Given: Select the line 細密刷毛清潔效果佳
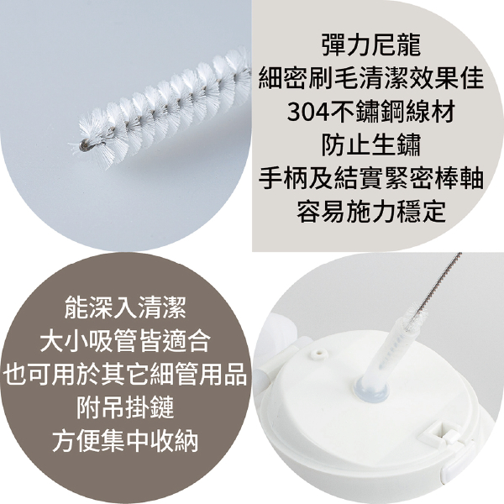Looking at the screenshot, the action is (x=371, y=78).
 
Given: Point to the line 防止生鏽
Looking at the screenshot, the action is (x=371, y=145).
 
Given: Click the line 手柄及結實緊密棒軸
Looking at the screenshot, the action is (x=371, y=178).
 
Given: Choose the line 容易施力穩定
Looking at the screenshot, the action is (x=371, y=212).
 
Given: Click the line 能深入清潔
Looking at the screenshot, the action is (x=125, y=307).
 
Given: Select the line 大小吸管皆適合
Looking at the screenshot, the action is (x=125, y=340).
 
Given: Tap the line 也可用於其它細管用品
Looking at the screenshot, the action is (x=125, y=374).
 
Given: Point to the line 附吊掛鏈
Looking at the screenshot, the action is (x=125, y=407).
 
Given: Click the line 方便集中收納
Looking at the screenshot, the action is (x=125, y=441).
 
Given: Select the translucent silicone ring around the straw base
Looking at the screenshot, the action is (x=373, y=390).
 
